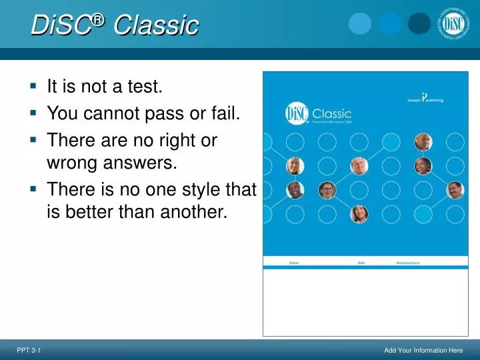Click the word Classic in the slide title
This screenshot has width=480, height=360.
coord(156,26)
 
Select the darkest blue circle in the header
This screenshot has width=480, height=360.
coord(419,23)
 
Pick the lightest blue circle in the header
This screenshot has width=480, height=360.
coord(360,23)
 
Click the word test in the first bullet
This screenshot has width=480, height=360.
coord(145,86)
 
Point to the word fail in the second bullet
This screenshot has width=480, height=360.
coord(225,114)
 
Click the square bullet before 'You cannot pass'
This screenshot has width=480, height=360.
coord(33,114)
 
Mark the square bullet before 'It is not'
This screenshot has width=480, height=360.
coord(33,85)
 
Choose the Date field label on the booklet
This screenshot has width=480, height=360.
coord(361,263)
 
